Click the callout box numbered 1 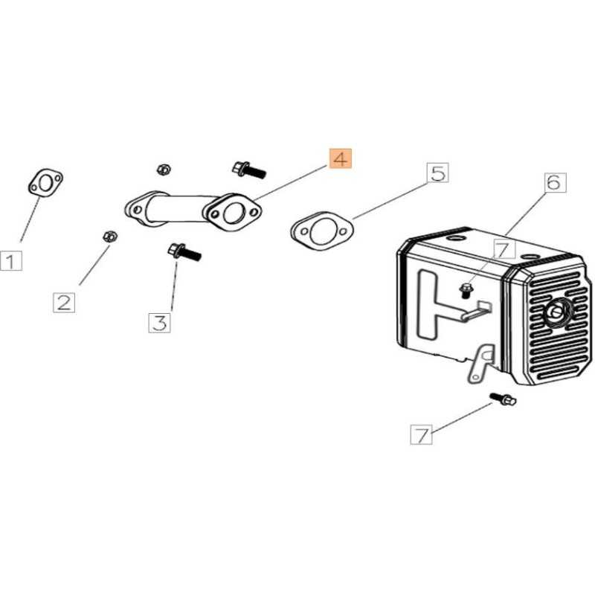(11, 261)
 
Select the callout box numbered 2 (64, 303)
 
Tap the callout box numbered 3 (159, 323)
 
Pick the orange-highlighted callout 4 (341, 158)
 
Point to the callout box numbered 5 (438, 173)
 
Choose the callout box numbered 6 (555, 182)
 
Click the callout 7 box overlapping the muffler (504, 250)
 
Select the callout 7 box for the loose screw (422, 434)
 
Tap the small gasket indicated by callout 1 (45, 183)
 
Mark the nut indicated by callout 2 (109, 237)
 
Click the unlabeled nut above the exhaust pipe (164, 170)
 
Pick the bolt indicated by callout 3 (184, 252)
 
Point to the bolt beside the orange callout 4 (249, 170)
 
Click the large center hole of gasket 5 (322, 233)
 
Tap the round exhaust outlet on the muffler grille (558, 311)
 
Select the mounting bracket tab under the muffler (480, 362)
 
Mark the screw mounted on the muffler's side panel (465, 290)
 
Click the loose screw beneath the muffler (504, 399)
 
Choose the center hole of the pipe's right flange (232, 213)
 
